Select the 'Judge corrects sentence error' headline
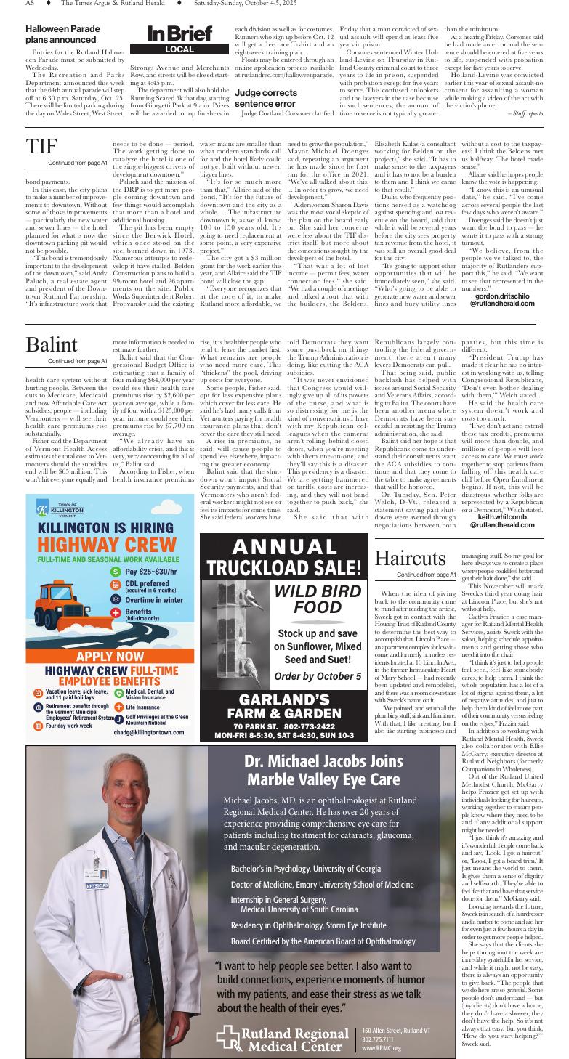(265, 98)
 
